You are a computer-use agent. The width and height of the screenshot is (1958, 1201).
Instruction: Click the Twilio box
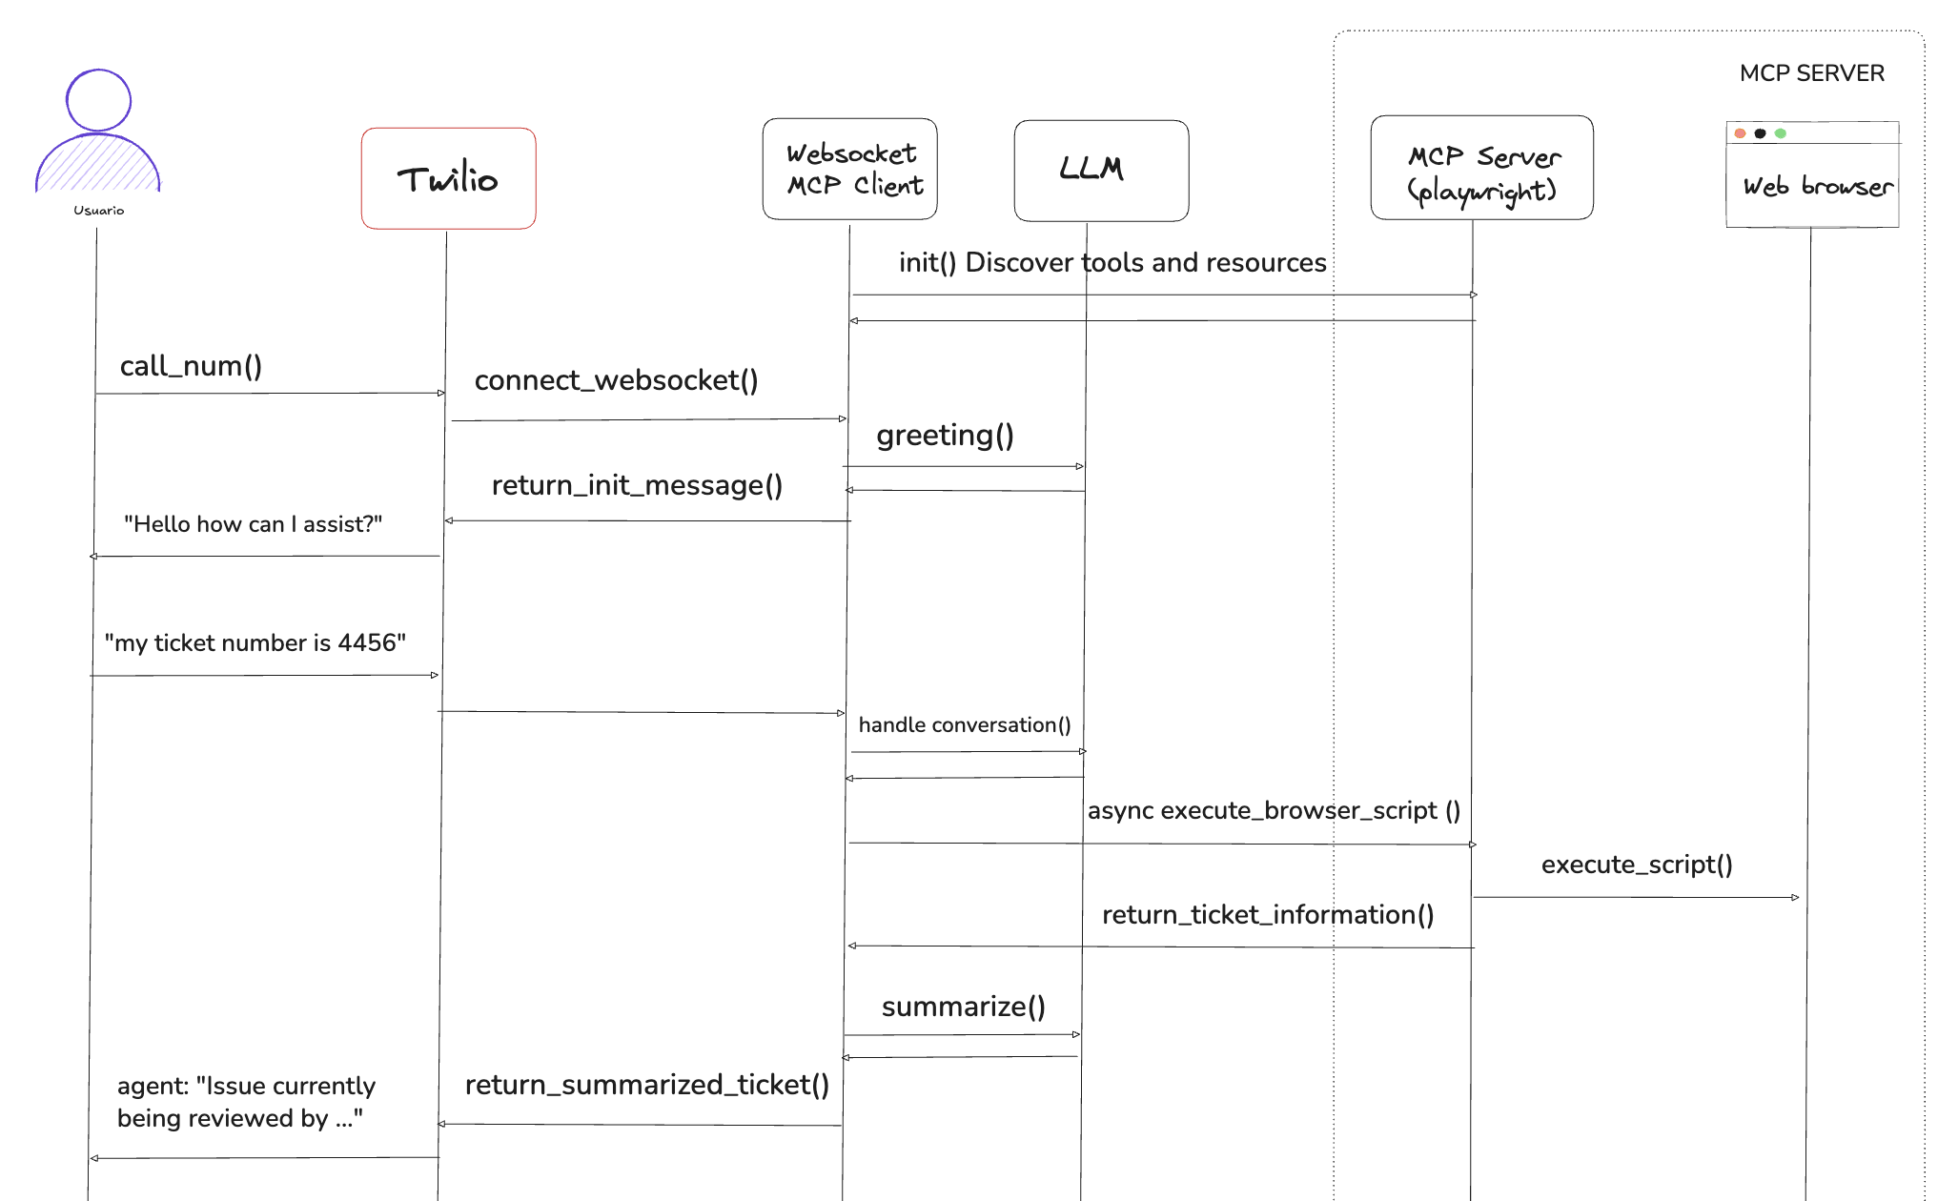pyautogui.click(x=448, y=178)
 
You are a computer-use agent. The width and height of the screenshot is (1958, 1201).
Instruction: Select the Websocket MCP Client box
pyautogui.click(x=849, y=169)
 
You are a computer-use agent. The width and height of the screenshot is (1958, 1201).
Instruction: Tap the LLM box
pyautogui.click(x=1101, y=170)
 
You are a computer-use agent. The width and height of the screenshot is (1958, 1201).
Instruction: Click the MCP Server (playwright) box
pyautogui.click(x=1481, y=169)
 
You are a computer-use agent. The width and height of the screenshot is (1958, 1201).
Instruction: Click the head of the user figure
pyautogui.click(x=98, y=99)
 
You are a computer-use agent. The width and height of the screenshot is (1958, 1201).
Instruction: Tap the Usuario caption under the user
pyautogui.click(x=98, y=211)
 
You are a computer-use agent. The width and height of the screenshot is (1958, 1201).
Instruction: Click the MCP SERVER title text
pyautogui.click(x=1811, y=73)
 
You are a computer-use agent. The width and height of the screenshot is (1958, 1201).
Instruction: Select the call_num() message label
pyautogui.click(x=191, y=366)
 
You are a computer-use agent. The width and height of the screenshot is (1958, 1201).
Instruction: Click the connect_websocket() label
pyautogui.click(x=616, y=380)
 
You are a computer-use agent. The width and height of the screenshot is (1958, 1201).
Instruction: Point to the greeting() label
pyautogui.click(x=945, y=435)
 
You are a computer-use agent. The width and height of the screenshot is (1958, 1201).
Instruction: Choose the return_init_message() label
pyautogui.click(x=637, y=485)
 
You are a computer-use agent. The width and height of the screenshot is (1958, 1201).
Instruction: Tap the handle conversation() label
pyautogui.click(x=964, y=725)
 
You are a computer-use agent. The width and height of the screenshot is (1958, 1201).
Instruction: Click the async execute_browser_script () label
pyautogui.click(x=1274, y=810)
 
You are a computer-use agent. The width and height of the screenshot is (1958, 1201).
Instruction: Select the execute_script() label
pyautogui.click(x=1637, y=865)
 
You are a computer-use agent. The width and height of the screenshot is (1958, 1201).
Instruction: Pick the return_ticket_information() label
pyautogui.click(x=1268, y=915)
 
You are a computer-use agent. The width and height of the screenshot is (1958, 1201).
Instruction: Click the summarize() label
pyautogui.click(x=963, y=1007)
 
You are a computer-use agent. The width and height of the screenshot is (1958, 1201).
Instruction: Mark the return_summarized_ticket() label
pyautogui.click(x=646, y=1085)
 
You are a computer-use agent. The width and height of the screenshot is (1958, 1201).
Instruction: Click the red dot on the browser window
pyautogui.click(x=1740, y=133)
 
